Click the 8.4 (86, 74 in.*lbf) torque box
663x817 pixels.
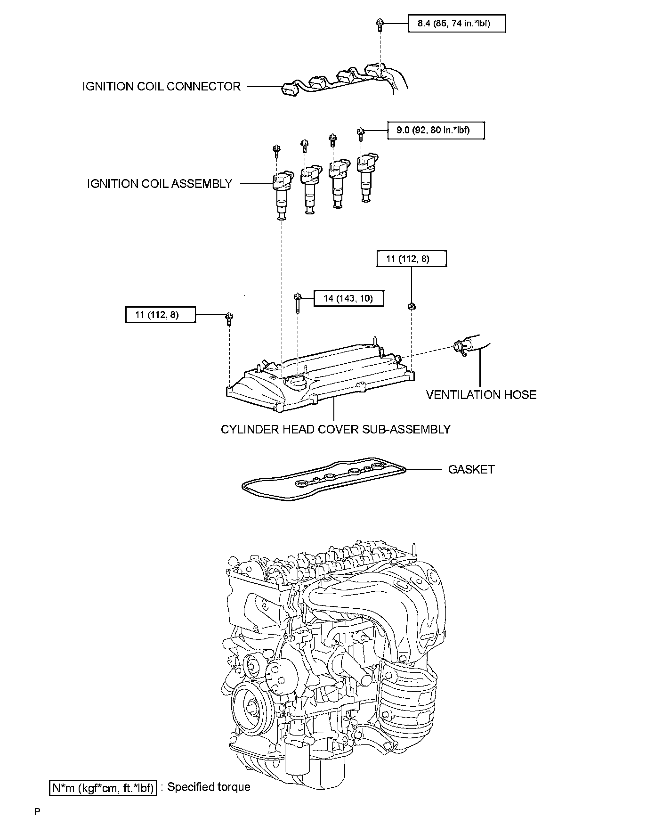456,24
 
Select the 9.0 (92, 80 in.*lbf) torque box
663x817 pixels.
436,131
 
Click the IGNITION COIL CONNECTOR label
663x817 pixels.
162,87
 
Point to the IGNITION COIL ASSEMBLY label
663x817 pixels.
160,184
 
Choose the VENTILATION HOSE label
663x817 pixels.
481,395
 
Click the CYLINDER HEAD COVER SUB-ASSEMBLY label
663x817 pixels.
335,429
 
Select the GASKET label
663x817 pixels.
471,469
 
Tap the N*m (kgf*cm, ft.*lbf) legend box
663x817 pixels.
103,787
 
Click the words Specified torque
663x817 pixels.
209,787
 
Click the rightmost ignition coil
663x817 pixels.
366,177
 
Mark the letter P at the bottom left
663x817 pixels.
37,811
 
